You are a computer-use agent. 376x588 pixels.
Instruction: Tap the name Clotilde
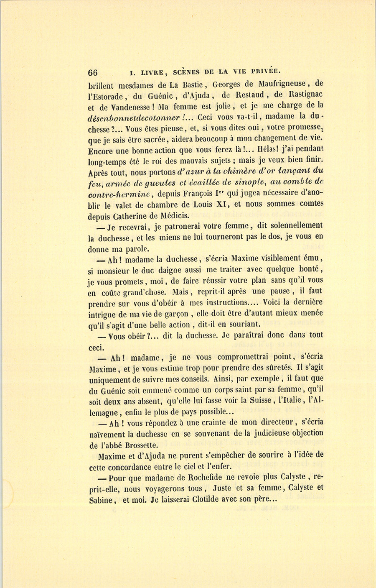[x=206, y=499]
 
